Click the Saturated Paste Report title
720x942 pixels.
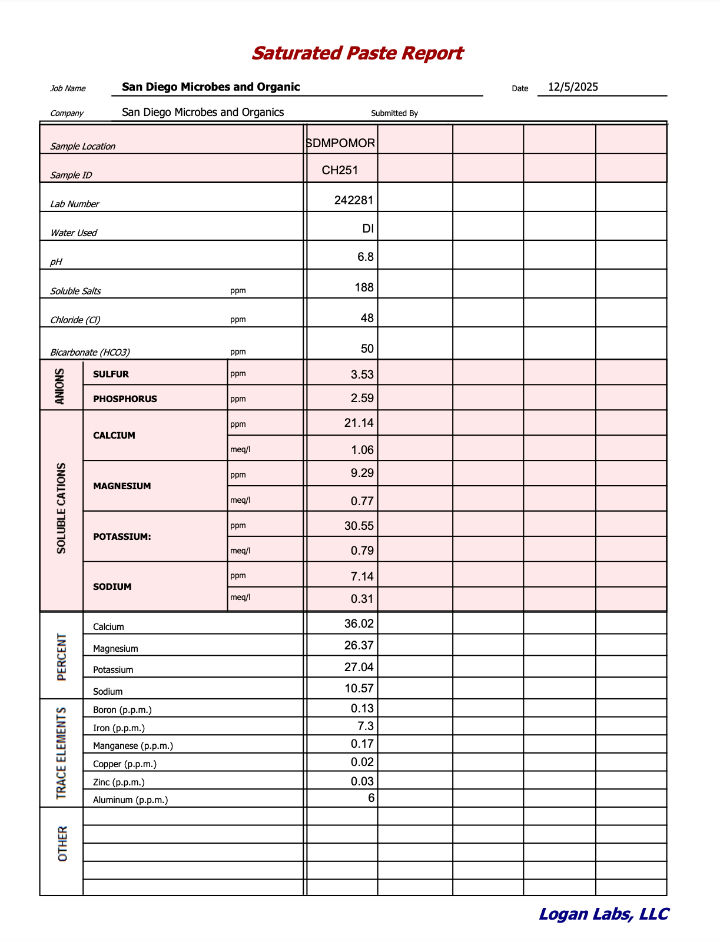357,54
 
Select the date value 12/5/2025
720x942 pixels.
573,87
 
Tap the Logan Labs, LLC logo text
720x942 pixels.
603,914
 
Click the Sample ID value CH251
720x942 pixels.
340,171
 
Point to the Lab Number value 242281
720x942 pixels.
353,200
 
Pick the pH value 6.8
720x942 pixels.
366,257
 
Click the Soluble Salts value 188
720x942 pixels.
364,287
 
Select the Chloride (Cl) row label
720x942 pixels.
75,320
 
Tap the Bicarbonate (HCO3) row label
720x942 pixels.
90,352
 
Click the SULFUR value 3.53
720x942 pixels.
362,374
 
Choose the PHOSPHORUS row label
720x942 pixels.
125,399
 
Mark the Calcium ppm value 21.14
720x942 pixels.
359,423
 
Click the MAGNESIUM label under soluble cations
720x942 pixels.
122,486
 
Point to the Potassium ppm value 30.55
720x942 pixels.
359,526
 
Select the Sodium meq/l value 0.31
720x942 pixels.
362,599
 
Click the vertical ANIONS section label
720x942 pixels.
60,386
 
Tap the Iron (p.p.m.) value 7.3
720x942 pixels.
366,726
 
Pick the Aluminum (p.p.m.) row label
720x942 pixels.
130,800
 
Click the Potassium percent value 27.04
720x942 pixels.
359,667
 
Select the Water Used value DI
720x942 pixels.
368,228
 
